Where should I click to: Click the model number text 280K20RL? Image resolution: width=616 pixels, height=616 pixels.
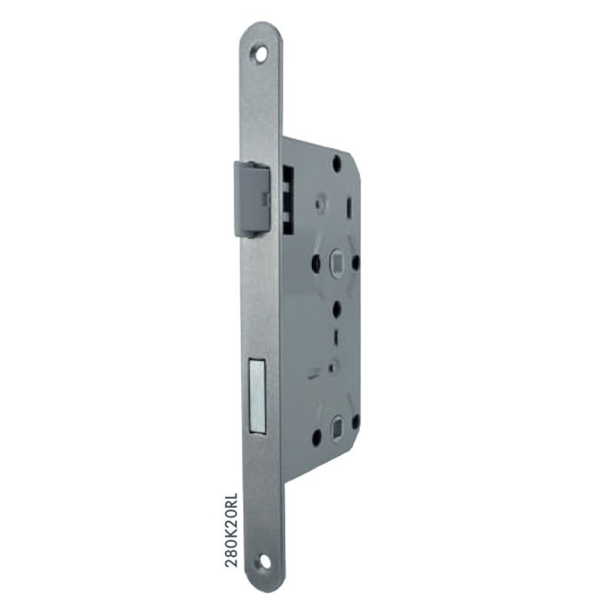coord(232,530)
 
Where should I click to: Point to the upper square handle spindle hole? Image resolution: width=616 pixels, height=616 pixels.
coord(336,260)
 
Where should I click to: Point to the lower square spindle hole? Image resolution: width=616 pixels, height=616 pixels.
coord(337,426)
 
